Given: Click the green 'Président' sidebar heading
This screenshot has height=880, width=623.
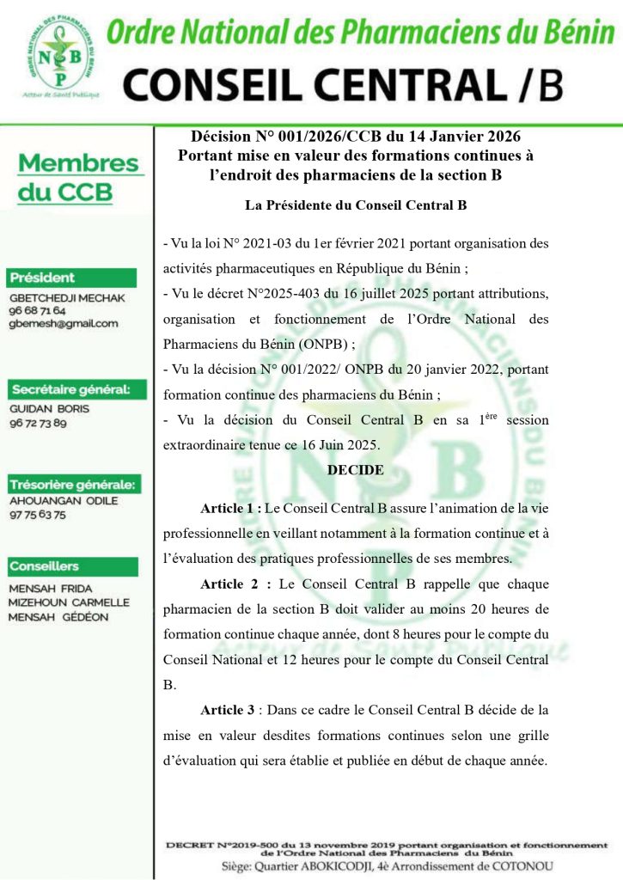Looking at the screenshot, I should [43, 278].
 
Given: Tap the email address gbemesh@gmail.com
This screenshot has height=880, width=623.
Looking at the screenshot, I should [63, 323].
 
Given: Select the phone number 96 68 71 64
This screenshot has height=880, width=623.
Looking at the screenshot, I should [37, 309].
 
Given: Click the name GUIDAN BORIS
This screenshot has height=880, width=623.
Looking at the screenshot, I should [49, 409].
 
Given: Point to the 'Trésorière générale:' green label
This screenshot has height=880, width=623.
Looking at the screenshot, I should [72, 484].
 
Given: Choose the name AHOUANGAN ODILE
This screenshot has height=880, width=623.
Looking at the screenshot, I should [63, 501].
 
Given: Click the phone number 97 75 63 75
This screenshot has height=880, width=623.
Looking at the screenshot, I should [37, 515].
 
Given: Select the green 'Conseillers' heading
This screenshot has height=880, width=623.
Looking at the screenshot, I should [44, 566].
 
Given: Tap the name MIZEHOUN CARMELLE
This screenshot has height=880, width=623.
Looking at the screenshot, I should [69, 602].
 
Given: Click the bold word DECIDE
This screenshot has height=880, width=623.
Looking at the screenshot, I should [355, 470].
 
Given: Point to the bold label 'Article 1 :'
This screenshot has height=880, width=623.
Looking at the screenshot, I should [231, 508].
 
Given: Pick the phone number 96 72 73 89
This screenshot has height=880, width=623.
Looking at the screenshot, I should [37, 423].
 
